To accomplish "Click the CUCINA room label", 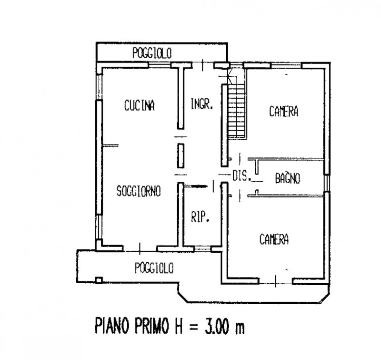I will click(x=140, y=105).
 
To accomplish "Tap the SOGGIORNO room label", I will click(x=139, y=191).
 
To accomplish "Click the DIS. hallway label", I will click(x=241, y=176).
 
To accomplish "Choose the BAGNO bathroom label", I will click(x=288, y=179).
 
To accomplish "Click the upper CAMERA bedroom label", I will click(x=283, y=112).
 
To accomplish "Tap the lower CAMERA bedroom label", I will click(x=274, y=239).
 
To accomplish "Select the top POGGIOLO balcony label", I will click(x=152, y=54).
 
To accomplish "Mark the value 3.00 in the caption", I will click(x=213, y=328).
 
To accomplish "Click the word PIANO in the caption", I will click(x=114, y=328).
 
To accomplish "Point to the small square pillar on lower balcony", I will click(x=99, y=280).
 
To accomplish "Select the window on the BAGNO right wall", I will click(x=327, y=182).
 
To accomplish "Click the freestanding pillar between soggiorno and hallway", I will click(x=181, y=155).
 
